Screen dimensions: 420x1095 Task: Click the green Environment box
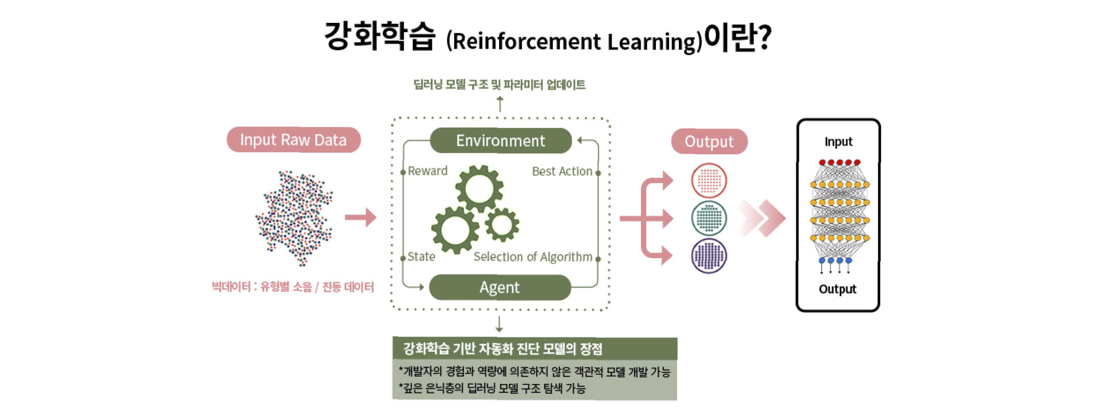(x=500, y=140)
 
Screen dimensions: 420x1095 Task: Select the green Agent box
(x=500, y=287)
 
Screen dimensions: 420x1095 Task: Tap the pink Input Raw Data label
(x=293, y=140)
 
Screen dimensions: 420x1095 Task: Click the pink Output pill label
(x=709, y=141)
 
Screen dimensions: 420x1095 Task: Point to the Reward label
(x=427, y=171)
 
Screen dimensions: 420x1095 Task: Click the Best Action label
(x=562, y=171)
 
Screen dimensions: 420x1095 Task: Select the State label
(x=421, y=257)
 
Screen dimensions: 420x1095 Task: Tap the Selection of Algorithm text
(x=532, y=257)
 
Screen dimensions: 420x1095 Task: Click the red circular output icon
(x=709, y=181)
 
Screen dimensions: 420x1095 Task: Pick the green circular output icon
(x=709, y=218)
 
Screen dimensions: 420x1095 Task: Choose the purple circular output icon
(x=709, y=255)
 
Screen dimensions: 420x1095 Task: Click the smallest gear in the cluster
(x=502, y=224)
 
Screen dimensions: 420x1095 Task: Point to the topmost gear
(x=479, y=189)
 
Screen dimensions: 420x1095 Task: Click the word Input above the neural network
(x=838, y=142)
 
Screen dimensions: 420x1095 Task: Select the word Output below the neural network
(x=837, y=289)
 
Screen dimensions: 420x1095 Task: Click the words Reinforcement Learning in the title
(x=574, y=42)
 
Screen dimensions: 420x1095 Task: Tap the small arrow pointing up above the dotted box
(x=500, y=104)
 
